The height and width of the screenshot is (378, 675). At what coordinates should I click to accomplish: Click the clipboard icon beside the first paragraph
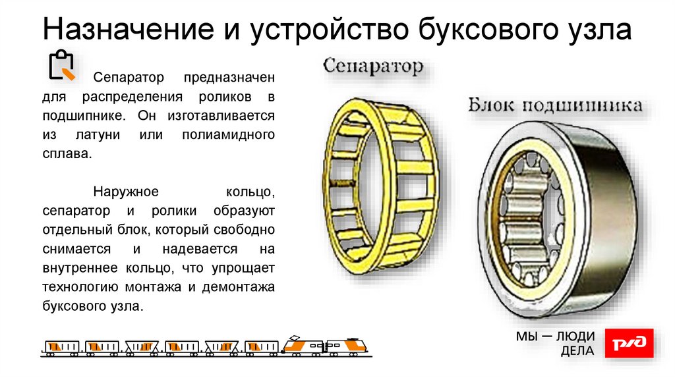pyautogui.click(x=62, y=65)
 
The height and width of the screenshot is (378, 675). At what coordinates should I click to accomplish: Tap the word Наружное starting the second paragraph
pyautogui.click(x=126, y=192)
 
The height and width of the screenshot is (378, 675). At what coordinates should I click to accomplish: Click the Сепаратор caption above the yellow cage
pyautogui.click(x=373, y=67)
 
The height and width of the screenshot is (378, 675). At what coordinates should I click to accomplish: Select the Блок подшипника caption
pyautogui.click(x=556, y=105)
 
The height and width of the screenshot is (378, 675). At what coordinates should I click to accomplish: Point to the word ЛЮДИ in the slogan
pyautogui.click(x=575, y=337)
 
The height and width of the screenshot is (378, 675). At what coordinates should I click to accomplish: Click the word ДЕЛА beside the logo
pyautogui.click(x=577, y=351)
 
